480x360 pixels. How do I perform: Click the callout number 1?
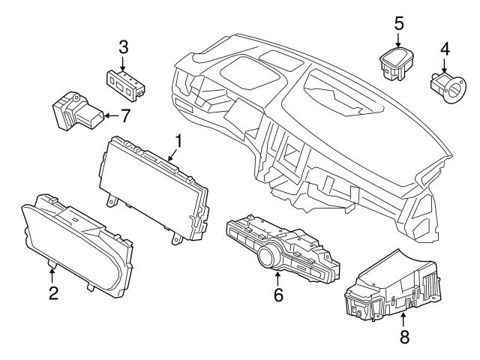pyautogui.click(x=178, y=140)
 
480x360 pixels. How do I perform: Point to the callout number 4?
pyautogui.click(x=445, y=49)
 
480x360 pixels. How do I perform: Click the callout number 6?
pyautogui.click(x=278, y=295)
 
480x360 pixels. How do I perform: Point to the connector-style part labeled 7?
pyautogui.click(x=75, y=111)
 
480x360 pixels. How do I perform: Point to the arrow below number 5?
pyautogui.click(x=399, y=39)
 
